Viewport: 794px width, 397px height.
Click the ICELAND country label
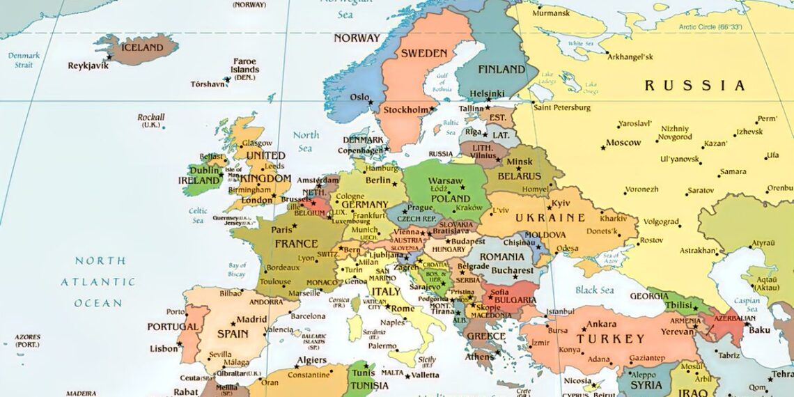point(142,48)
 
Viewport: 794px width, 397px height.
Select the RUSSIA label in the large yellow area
point(694,86)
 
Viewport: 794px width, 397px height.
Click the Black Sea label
point(594,290)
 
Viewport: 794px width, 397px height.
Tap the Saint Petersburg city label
point(561,107)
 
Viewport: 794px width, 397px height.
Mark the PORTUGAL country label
point(172,327)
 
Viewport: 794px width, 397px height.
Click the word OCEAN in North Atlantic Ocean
point(98,303)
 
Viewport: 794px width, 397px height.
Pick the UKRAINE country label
point(550,218)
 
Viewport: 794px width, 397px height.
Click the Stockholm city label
point(405,110)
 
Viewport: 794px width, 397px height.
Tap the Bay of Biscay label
point(238,270)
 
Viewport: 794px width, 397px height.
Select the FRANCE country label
point(297,244)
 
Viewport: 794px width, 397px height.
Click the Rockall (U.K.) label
point(151,120)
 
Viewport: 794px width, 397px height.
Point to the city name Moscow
point(623,143)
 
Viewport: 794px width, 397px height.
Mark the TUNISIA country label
point(370,386)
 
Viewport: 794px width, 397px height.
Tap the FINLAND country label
point(501,70)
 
